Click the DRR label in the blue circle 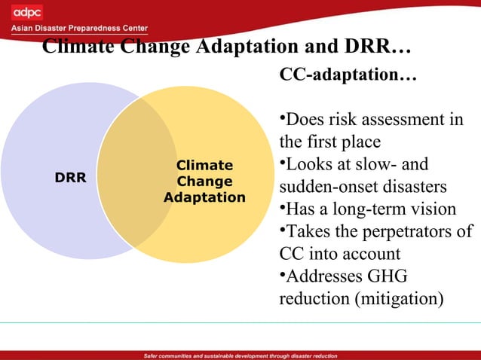click(71, 178)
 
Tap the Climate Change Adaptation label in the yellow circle click(204, 182)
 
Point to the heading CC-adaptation click(348, 76)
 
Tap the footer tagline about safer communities click(240, 355)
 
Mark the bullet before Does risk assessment click(282, 119)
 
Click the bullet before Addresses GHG click(282, 275)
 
